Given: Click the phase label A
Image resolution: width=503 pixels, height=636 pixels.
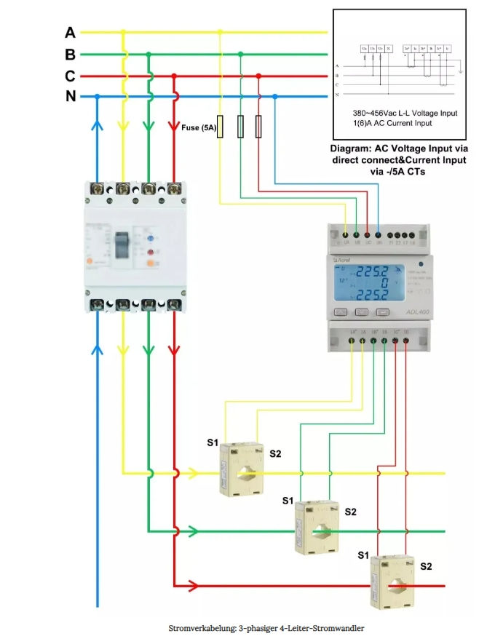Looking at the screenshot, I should (70, 33).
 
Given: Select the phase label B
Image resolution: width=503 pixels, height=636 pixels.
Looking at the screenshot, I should (70, 55).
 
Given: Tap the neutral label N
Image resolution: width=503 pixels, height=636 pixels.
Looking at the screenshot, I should (71, 96).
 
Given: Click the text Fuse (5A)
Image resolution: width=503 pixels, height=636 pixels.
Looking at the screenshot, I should (199, 128).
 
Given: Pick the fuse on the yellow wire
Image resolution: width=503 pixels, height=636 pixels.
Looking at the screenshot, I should (221, 127).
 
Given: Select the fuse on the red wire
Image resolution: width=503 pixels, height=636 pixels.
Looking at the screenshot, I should (258, 127).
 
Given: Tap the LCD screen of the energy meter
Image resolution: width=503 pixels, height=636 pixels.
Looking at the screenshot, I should (371, 280).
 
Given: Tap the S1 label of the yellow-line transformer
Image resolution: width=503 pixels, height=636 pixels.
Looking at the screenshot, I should (212, 442).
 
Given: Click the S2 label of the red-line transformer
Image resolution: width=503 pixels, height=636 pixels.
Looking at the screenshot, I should (427, 566).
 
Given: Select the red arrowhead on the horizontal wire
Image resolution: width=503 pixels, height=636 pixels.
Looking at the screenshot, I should (194, 585).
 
